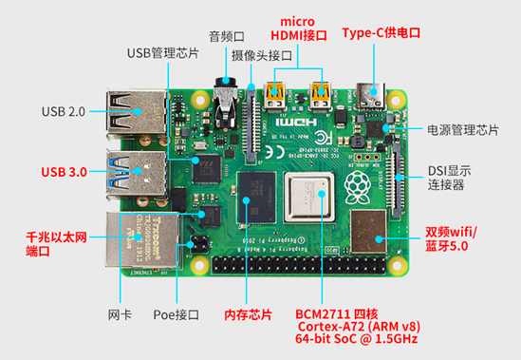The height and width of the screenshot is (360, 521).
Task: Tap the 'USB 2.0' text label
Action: click(64, 111)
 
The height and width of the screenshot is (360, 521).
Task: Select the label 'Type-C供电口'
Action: click(381, 32)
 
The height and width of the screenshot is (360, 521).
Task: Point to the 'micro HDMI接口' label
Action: click(299, 28)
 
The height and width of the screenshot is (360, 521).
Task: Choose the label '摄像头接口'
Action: click(260, 56)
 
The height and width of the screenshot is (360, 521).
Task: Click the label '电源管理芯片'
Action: click(463, 129)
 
